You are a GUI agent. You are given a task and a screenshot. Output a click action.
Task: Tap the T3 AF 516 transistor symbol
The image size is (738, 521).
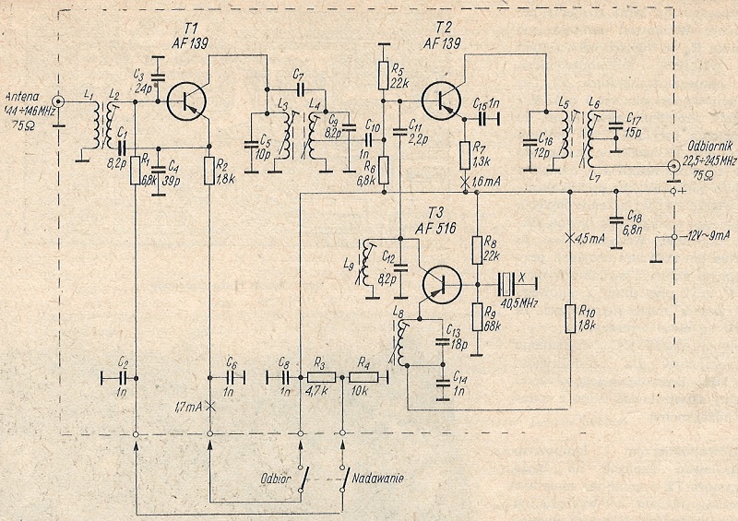point(442,286)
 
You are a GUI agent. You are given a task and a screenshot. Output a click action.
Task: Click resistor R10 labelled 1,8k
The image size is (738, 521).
point(570,318)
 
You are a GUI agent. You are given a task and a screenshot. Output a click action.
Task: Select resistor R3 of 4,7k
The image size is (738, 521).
point(321,376)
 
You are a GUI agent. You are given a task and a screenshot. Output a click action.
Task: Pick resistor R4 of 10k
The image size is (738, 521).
point(370,376)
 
